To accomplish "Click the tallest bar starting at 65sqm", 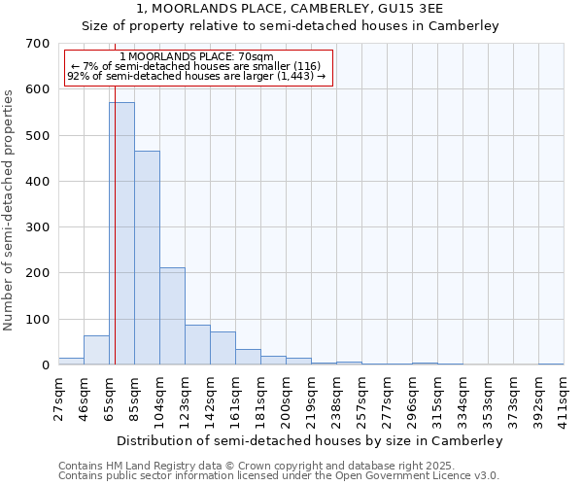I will coord(121,233).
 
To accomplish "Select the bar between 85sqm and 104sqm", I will coord(147,258).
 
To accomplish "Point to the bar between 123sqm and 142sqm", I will coord(197,345).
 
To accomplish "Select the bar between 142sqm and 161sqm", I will coord(223,348).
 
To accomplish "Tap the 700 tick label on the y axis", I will coord(37,44).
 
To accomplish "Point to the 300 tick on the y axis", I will coord(37,227).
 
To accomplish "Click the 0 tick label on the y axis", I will coord(45,365).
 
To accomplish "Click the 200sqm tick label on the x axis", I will coord(286,399).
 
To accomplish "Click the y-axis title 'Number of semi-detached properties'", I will coord(9,209).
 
